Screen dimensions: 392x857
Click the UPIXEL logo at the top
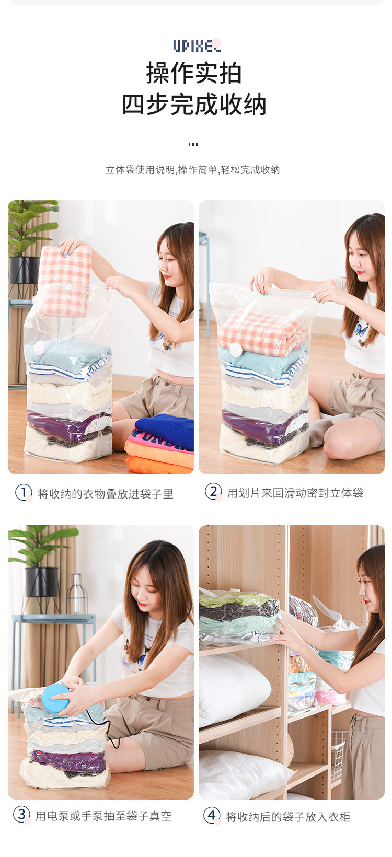197,45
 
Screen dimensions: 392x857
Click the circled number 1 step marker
24,492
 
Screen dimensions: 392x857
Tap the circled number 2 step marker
213,492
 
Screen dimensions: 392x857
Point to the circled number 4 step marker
211,815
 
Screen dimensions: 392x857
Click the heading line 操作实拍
194,73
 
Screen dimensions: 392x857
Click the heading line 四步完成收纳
194,104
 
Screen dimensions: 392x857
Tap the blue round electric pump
56,698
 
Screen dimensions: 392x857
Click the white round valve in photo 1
39,348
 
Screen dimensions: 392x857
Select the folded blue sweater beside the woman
165,431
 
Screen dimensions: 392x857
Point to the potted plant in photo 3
40,562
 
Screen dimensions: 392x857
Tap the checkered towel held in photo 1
64,281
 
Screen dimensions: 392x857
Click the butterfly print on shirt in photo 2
361,330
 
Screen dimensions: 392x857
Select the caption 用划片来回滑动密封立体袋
295,493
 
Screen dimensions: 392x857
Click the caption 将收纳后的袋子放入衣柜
288,817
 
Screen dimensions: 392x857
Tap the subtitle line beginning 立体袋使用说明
192,169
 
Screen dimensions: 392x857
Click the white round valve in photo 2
235,349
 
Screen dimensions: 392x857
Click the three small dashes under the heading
193,144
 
